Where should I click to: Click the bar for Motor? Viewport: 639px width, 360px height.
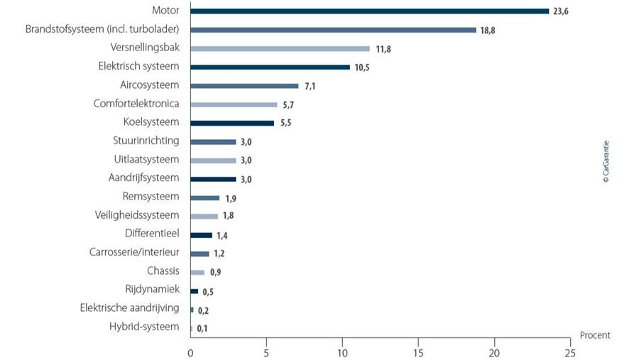369,11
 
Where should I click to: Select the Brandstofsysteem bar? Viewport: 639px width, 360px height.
333,30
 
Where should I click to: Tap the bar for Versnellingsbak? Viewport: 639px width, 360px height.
280,48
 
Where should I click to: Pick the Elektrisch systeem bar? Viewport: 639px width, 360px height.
270,67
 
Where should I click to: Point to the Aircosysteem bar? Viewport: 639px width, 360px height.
244,86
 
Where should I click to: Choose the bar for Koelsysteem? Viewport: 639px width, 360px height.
232,123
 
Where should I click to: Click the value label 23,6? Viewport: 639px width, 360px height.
561,11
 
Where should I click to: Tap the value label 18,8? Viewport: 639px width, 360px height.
488,30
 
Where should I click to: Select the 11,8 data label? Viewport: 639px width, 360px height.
382,49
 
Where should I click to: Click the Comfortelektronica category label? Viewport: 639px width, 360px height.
136,104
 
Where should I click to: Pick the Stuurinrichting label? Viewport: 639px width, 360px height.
146,141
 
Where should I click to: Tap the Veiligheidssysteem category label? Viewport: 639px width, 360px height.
137,214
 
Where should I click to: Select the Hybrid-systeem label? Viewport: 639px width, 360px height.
144,326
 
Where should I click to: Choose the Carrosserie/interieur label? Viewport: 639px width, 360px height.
134,252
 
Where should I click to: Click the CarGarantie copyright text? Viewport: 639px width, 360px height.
606,161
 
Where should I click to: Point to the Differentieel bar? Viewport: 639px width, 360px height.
201,234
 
